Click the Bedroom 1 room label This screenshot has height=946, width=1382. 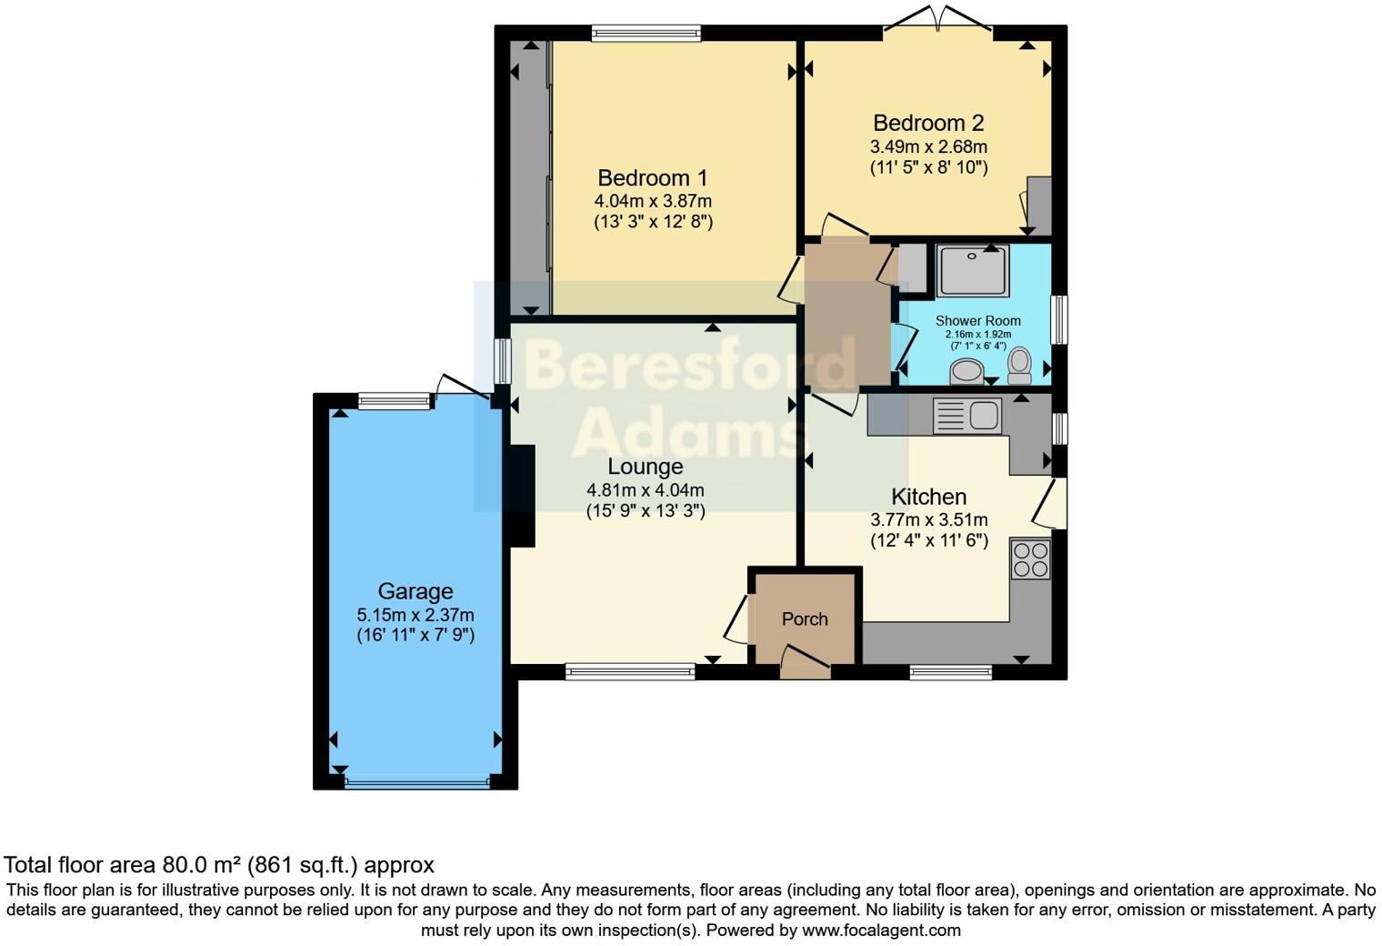[x=652, y=178]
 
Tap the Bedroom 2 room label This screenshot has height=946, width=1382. [x=928, y=123]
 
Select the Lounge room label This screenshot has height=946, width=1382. [x=645, y=467]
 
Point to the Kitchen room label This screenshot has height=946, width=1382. [x=928, y=497]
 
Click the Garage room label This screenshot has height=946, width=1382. [x=415, y=591]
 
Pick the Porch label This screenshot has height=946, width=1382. [x=805, y=619]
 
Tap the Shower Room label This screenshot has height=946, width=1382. [x=977, y=320]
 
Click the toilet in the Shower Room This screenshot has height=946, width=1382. [x=1019, y=365]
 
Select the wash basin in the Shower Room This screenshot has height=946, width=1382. [x=966, y=371]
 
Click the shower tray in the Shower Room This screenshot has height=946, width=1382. [x=973, y=269]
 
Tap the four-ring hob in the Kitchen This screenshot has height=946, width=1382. [x=1030, y=559]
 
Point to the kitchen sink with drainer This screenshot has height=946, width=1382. [x=967, y=416]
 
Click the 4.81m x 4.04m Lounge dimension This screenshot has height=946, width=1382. [x=645, y=490]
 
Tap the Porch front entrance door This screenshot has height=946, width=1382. [x=805, y=664]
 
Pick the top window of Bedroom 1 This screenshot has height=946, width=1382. [x=646, y=34]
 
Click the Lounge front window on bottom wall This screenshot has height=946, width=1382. [x=630, y=672]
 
